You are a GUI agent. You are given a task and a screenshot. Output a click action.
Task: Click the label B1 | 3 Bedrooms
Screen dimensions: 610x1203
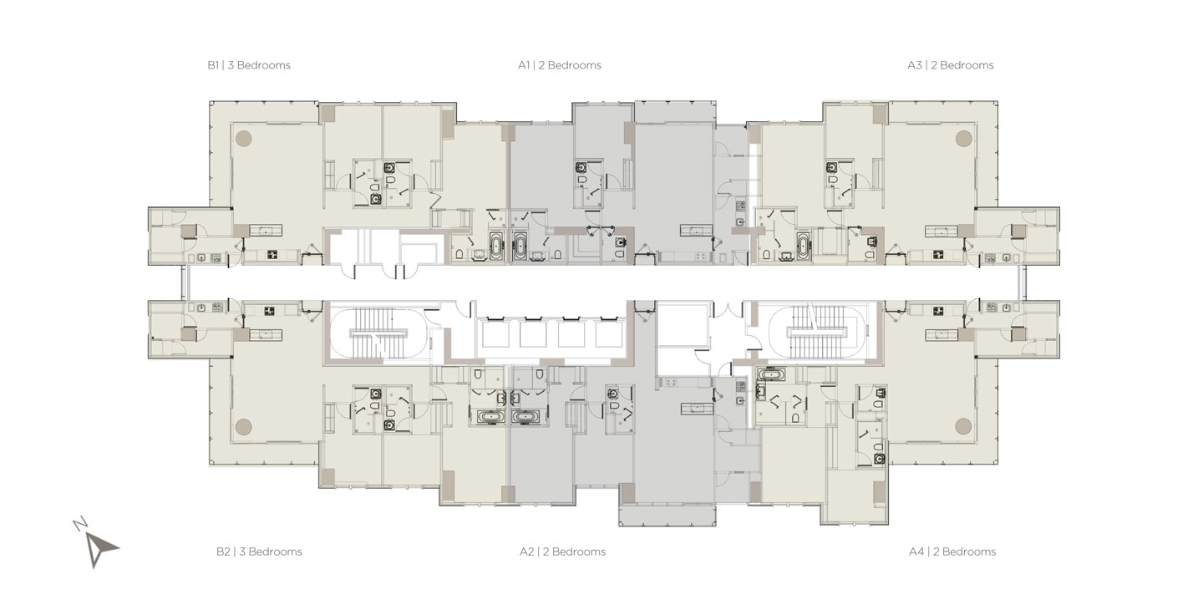tap(249, 65)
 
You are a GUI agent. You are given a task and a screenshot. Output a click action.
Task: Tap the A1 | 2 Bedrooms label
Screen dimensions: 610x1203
tap(559, 65)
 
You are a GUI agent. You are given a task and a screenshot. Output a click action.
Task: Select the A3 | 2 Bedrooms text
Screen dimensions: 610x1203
tap(951, 65)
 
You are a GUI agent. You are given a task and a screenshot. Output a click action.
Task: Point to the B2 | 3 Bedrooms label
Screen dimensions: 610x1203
tap(259, 552)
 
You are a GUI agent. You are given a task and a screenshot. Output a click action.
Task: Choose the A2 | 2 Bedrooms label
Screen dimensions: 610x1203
tap(562, 552)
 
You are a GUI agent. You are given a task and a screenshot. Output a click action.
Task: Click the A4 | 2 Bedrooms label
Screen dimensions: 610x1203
tap(952, 552)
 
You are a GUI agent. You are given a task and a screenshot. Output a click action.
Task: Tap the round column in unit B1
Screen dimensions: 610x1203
tap(243, 138)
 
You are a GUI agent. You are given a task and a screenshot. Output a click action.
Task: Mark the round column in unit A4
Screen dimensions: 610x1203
tap(963, 426)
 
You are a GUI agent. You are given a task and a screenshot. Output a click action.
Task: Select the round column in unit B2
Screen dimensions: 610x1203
tap(243, 426)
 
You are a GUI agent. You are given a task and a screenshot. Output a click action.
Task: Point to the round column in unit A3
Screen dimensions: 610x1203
tap(963, 138)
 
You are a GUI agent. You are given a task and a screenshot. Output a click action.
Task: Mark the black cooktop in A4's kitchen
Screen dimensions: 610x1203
tap(938, 311)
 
